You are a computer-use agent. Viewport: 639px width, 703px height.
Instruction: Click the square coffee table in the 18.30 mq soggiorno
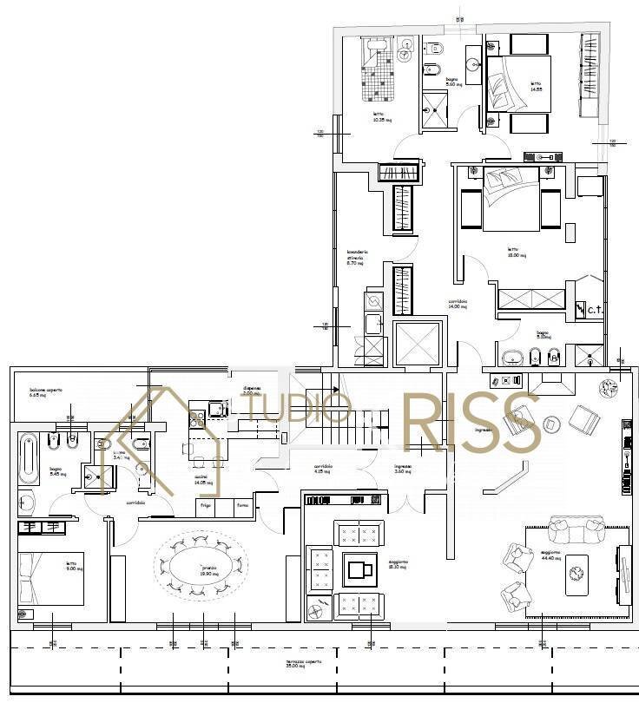click(x=358, y=569)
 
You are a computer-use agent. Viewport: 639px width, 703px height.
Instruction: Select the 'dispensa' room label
click(x=250, y=391)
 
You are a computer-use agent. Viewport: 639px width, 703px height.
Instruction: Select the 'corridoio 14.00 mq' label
click(x=458, y=304)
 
